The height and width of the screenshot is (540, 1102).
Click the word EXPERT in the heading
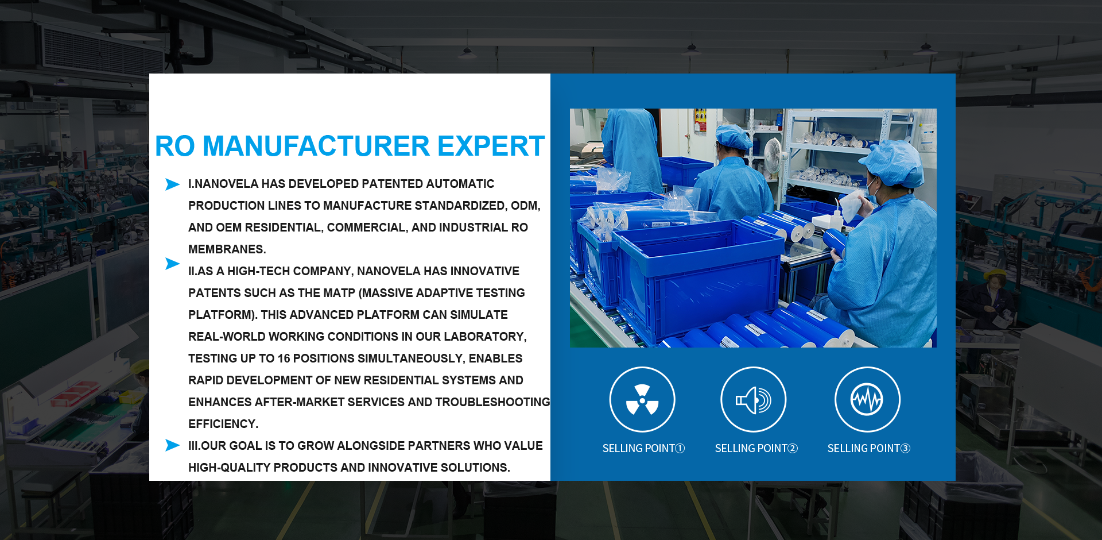pos(491,146)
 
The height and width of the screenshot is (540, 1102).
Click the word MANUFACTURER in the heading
pos(316,146)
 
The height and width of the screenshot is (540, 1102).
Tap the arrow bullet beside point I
pos(172,184)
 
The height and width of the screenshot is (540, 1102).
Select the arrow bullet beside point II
pos(172,263)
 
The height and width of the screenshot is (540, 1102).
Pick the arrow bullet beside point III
pos(172,445)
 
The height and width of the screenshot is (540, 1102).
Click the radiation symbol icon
pos(642,399)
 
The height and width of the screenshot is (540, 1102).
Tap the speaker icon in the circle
pos(754,399)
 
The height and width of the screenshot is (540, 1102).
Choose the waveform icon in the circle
pos(867,399)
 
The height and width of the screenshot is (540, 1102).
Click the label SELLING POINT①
pos(643,449)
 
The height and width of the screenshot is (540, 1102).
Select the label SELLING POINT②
pos(756,449)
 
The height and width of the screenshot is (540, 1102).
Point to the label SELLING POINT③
pos(869,449)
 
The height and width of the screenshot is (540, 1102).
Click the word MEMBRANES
pos(227,249)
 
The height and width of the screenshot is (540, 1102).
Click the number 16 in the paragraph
pos(284,358)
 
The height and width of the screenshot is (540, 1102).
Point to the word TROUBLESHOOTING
pos(492,402)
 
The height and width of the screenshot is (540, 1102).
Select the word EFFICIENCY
pos(223,424)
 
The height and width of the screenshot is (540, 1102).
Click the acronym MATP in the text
pos(339,293)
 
